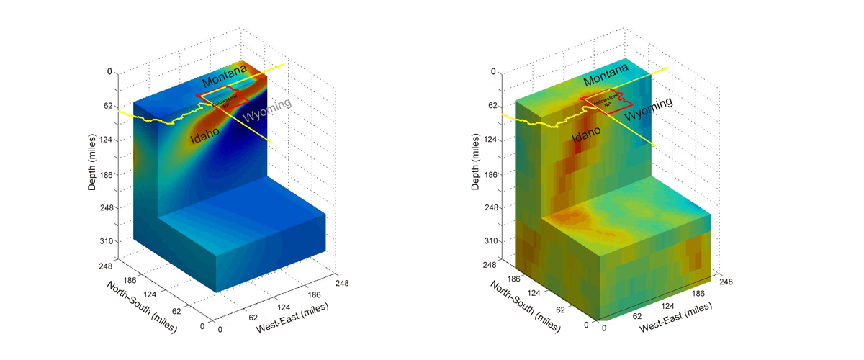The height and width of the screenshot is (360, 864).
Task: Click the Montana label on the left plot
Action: [223, 81]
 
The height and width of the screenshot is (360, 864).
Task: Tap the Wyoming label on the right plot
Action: [648, 109]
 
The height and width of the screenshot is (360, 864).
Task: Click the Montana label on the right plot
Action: [607, 81]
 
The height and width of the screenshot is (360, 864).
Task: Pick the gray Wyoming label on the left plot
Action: [266, 109]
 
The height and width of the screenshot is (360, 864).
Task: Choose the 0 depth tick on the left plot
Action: [110, 72]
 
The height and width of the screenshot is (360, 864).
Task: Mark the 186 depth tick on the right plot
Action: [493, 174]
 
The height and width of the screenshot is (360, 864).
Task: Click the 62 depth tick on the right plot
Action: [493, 106]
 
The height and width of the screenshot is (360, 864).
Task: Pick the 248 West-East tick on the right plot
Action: [726, 282]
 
